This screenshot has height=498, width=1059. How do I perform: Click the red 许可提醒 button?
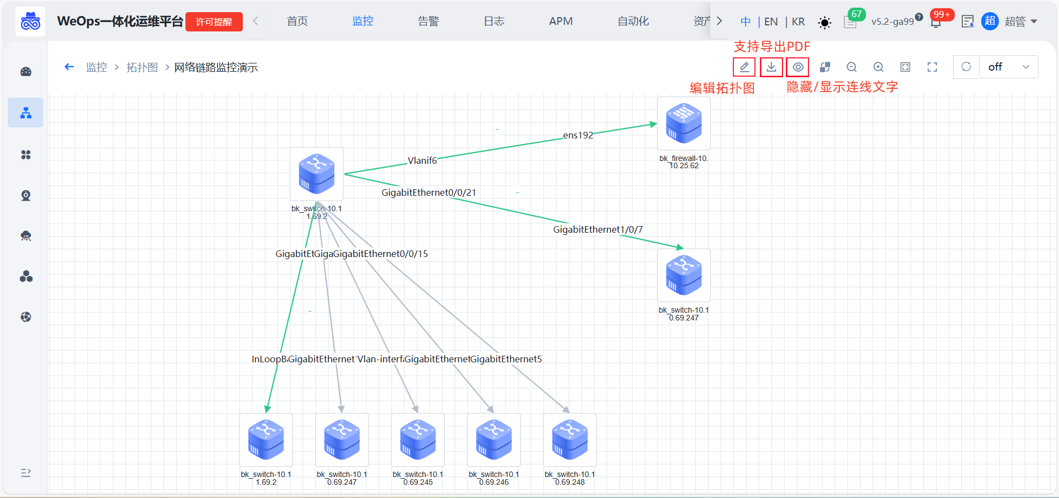coord(214,22)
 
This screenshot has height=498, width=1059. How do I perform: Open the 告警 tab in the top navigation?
coord(428,21)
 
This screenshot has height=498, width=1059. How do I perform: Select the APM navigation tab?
coord(561,21)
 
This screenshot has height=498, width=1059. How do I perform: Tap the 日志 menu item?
coord(494,21)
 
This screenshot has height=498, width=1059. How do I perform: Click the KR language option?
coord(798,22)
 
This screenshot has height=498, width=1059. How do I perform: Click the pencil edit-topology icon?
coord(744,67)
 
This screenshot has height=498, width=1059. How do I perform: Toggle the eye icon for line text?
coord(798,67)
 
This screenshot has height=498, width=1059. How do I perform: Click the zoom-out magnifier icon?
coord(852,67)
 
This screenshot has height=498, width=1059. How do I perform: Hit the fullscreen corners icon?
coord(932,67)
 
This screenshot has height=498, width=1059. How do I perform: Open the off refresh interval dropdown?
coord(1008,67)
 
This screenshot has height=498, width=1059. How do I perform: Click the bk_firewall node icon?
coord(684,124)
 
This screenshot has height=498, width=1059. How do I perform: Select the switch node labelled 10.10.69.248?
coord(570,440)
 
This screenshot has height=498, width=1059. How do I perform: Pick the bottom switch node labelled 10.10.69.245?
coord(418,440)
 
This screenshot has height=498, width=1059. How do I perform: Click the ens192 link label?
coord(578,135)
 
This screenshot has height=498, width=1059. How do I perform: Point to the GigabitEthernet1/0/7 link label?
coord(598,229)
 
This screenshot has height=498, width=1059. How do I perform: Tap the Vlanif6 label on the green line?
coord(422,160)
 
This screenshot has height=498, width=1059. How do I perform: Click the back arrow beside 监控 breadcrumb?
coord(69,67)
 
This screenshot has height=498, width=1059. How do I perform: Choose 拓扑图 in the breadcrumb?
coord(142,67)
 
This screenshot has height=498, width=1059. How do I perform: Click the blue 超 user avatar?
coord(990,22)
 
